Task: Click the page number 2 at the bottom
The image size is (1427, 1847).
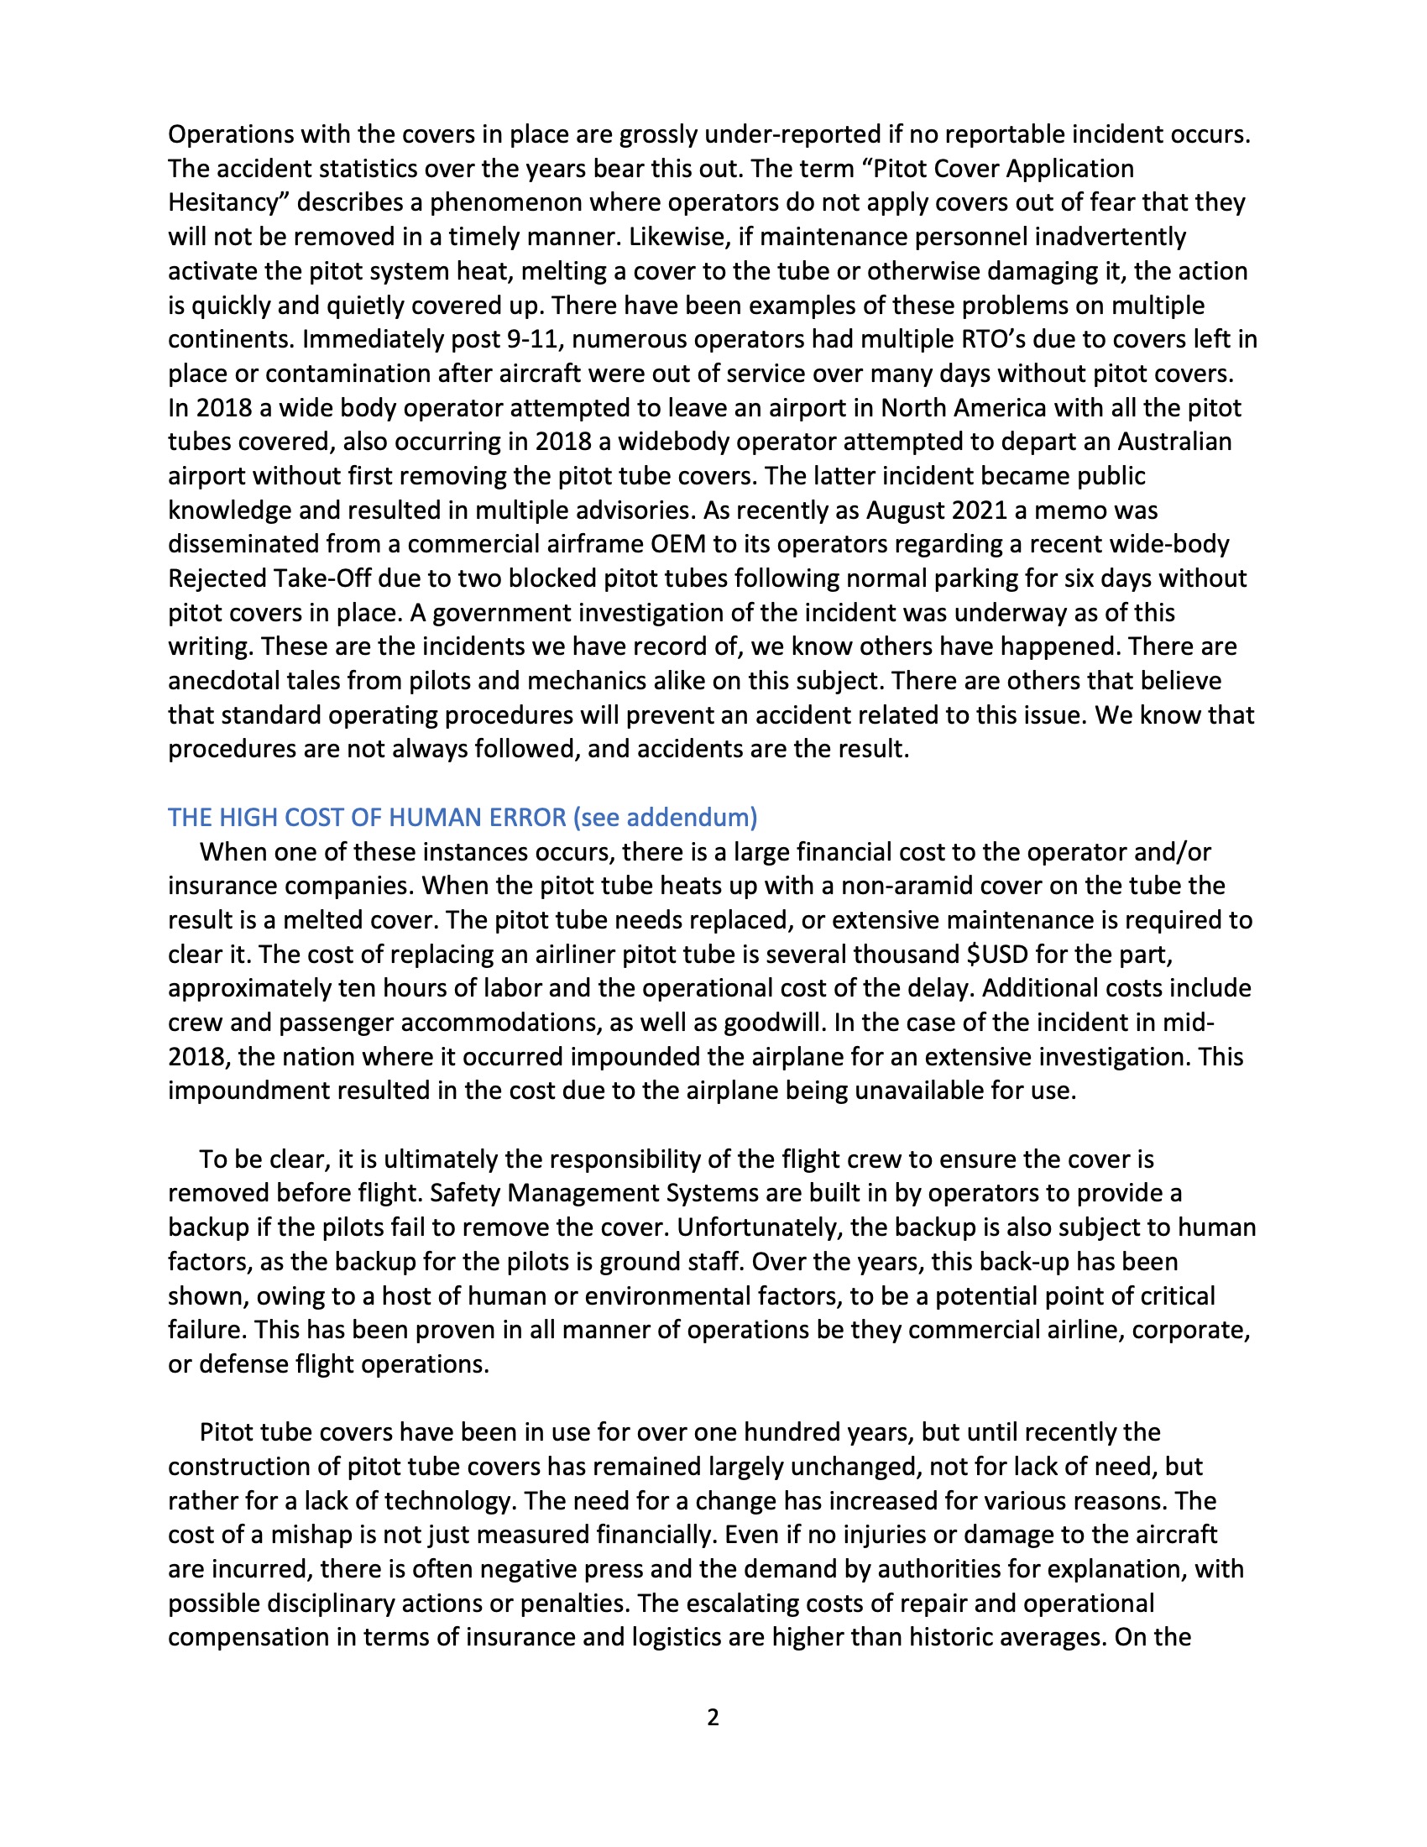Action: pyautogui.click(x=713, y=1717)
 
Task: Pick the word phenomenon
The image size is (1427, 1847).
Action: pyautogui.click(x=506, y=203)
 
